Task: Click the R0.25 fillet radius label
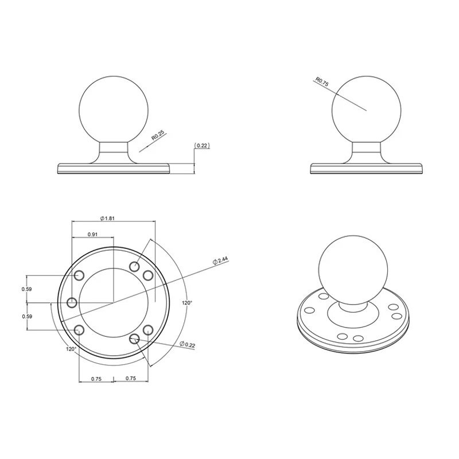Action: click(157, 135)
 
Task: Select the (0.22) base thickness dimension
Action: click(202, 146)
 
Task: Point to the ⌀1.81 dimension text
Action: click(109, 218)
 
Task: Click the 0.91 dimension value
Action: click(92, 235)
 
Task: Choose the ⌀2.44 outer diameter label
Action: click(221, 260)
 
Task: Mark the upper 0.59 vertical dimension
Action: click(26, 289)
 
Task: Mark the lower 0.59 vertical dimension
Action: click(26, 316)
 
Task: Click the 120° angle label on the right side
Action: click(186, 302)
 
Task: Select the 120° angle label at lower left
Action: click(71, 348)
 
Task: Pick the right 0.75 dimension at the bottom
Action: click(130, 378)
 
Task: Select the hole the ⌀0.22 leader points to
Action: click(135, 339)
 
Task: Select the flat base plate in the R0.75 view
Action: click(367, 169)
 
